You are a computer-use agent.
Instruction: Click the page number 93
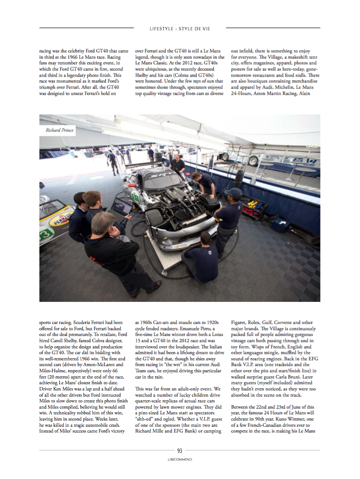point(180,451)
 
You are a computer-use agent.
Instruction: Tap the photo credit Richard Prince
point(59,130)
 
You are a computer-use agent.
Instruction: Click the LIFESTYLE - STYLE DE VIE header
point(180,29)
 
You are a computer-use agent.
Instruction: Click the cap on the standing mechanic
point(234,193)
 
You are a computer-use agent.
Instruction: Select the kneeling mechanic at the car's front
point(203,257)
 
